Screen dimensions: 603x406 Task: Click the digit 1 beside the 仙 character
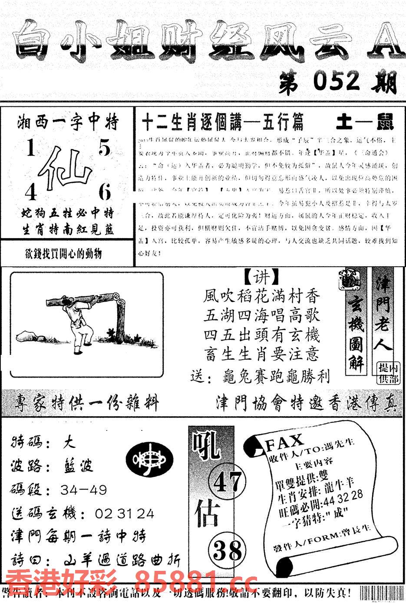(x=30, y=150)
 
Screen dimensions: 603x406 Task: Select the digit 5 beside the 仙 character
(x=105, y=149)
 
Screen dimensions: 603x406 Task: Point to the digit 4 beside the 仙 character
(x=30, y=192)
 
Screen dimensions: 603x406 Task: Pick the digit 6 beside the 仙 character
(x=105, y=192)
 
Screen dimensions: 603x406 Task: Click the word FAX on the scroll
(x=284, y=442)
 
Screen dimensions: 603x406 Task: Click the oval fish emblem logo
(x=149, y=460)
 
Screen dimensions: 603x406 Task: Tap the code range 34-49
(x=83, y=490)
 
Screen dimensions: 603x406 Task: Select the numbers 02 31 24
(x=124, y=514)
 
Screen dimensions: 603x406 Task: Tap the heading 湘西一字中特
(x=68, y=123)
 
